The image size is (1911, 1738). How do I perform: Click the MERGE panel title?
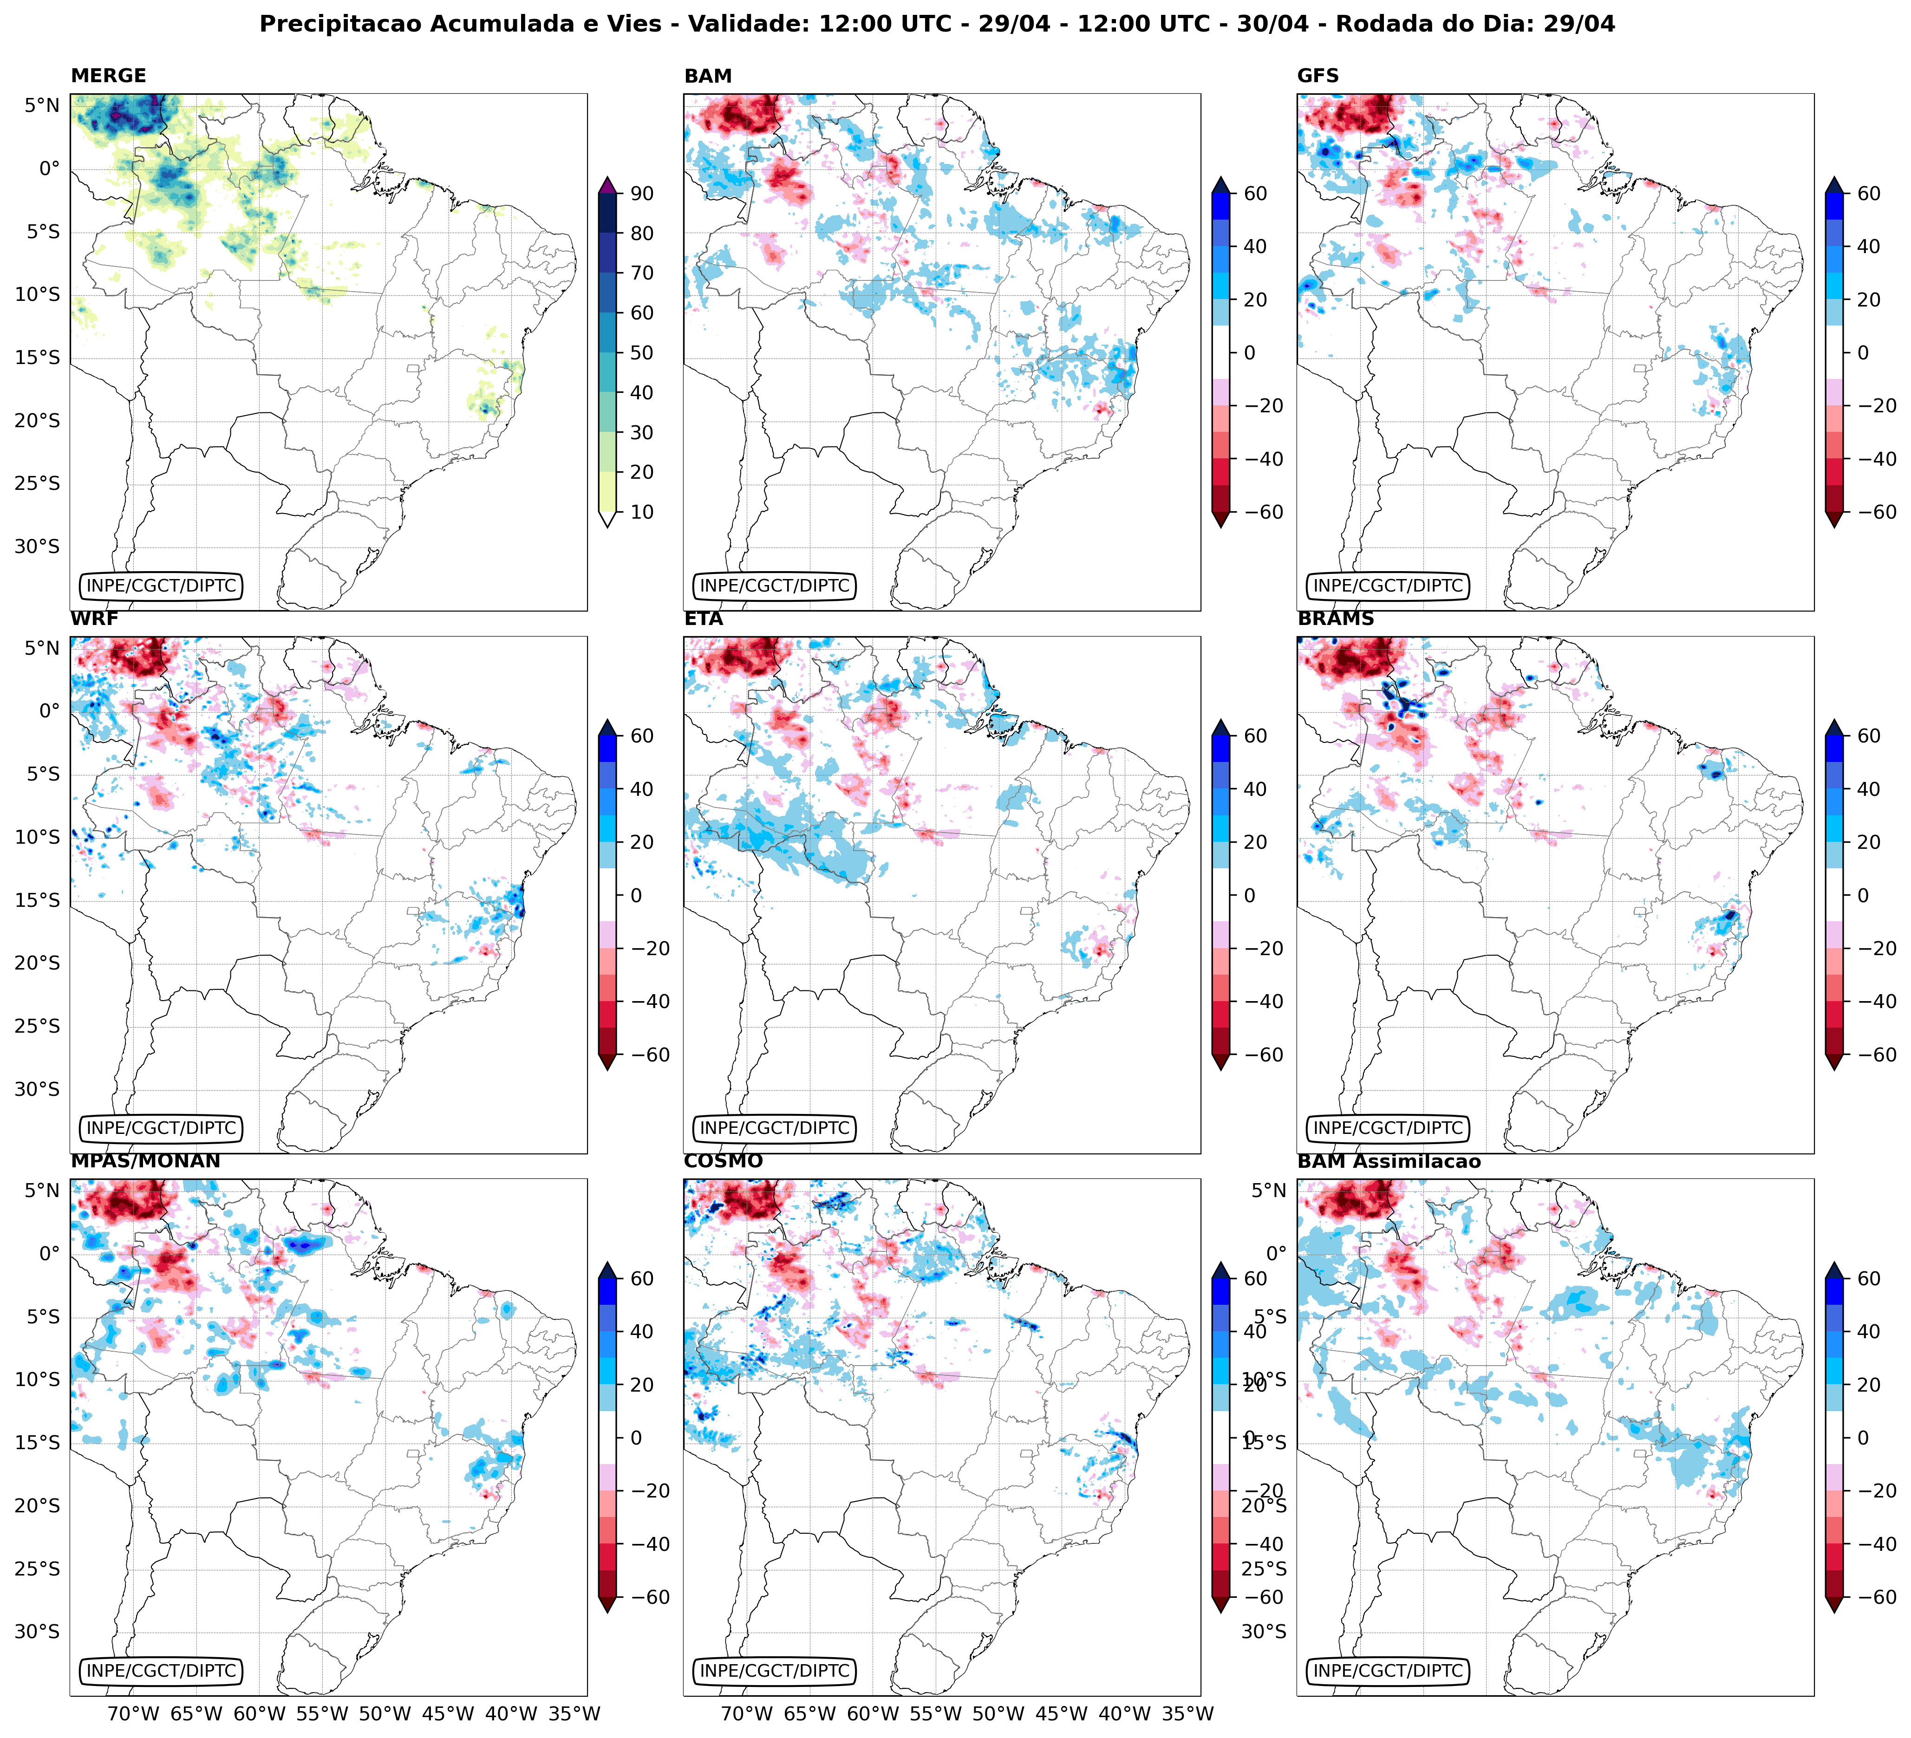point(108,76)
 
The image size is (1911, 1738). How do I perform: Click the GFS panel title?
point(1317,76)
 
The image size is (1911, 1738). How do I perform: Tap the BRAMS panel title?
point(1336,619)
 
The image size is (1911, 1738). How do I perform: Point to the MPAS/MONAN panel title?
point(145,1161)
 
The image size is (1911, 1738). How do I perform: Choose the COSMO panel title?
point(722,1161)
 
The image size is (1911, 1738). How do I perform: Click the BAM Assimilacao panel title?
point(1389,1161)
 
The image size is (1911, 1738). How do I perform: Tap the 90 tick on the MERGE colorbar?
point(642,193)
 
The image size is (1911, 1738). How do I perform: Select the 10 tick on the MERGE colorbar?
point(642,512)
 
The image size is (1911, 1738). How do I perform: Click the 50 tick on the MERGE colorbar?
point(642,352)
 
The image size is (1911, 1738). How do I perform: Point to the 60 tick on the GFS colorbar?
point(1868,193)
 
